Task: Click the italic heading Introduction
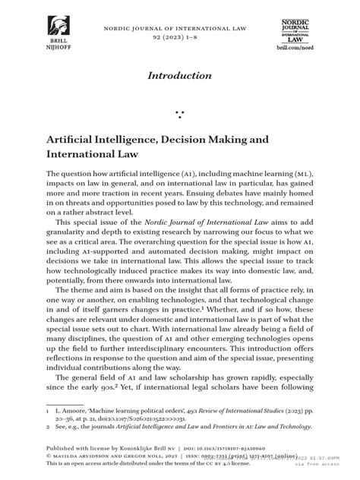180,75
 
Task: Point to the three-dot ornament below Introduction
180,114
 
